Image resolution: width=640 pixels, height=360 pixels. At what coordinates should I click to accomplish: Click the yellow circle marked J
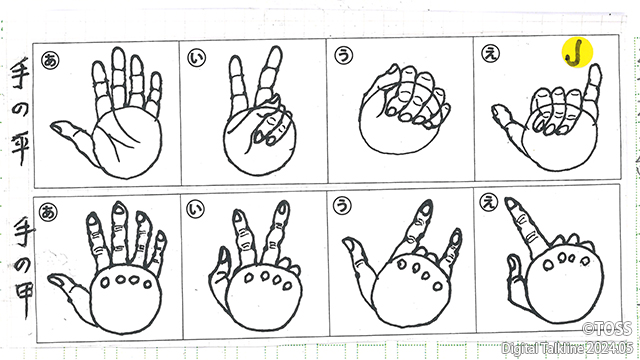[x=577, y=53]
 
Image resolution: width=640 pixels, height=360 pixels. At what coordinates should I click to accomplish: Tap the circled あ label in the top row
[x=50, y=60]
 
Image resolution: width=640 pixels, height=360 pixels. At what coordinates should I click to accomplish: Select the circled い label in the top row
[x=197, y=57]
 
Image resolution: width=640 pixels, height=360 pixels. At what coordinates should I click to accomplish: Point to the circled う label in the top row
[x=344, y=55]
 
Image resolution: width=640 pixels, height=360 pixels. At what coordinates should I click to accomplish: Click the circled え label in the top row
[x=490, y=53]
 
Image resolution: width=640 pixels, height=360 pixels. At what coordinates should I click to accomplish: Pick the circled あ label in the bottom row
[x=48, y=212]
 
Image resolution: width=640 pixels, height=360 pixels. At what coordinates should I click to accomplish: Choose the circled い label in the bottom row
[x=196, y=209]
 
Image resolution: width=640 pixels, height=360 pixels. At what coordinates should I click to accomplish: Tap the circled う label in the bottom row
[x=342, y=206]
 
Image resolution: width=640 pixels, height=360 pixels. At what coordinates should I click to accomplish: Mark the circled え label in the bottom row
[x=488, y=202]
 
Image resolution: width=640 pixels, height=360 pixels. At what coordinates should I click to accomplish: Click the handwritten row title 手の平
[x=20, y=111]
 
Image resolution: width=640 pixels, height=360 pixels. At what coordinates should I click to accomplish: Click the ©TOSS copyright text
[x=607, y=329]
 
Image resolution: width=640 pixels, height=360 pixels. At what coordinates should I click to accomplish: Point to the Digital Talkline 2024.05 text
[x=567, y=348]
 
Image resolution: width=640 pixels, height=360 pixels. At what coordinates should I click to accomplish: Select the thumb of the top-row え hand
[x=508, y=120]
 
